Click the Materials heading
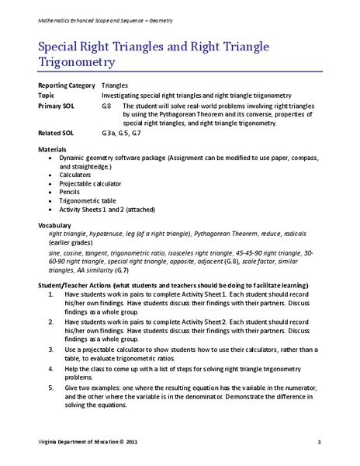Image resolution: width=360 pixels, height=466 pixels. click(53, 148)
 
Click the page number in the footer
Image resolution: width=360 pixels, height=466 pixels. click(319, 442)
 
